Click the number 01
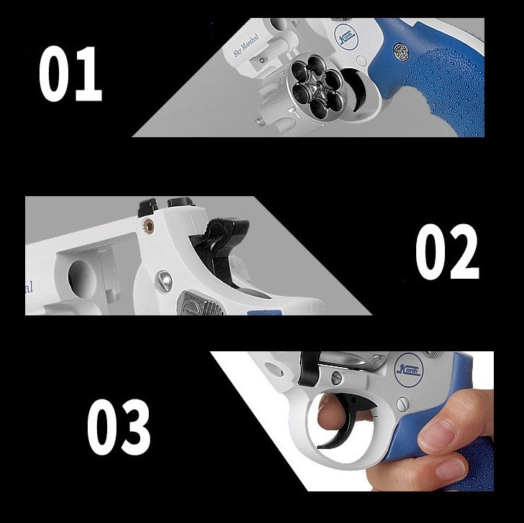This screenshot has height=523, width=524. pyautogui.click(x=70, y=74)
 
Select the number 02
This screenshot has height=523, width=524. pyautogui.click(x=446, y=252)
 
